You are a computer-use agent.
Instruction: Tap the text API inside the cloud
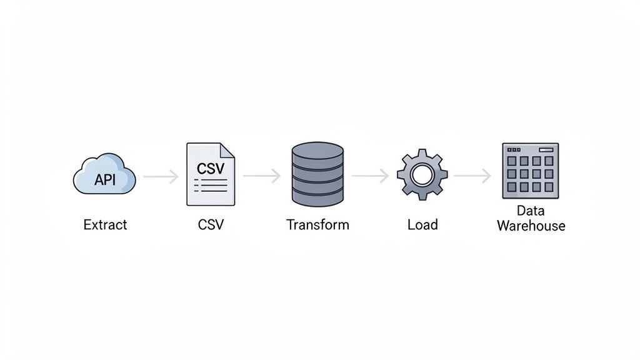click(104, 180)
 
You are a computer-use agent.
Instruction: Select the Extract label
click(105, 224)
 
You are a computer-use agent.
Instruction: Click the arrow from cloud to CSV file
click(161, 177)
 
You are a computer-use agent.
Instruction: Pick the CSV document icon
click(211, 174)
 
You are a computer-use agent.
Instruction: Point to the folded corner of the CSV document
click(227, 151)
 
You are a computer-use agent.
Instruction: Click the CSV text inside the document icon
click(210, 169)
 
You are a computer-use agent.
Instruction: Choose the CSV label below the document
click(210, 224)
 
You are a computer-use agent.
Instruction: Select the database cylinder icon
click(317, 174)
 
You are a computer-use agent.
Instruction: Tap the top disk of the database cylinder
click(317, 151)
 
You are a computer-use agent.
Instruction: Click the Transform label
click(317, 224)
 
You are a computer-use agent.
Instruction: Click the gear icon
click(422, 174)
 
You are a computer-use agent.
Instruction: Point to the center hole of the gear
click(422, 174)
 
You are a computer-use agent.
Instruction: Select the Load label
click(422, 224)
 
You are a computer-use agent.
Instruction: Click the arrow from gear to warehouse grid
click(472, 177)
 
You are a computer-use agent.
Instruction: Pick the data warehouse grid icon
click(530, 171)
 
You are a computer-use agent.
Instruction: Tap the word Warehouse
click(531, 226)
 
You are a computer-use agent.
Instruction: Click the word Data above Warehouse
click(531, 211)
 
